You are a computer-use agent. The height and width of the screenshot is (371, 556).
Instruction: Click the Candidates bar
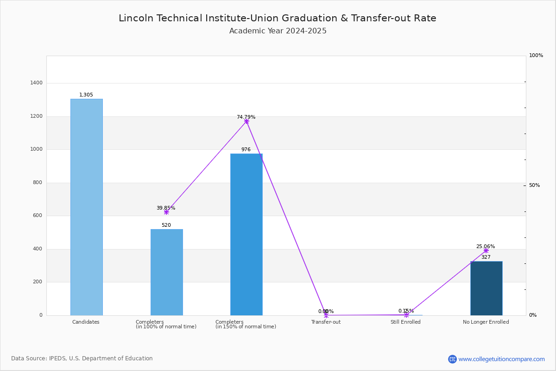(x=87, y=207)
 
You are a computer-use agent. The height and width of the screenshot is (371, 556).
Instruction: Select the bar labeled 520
(x=167, y=272)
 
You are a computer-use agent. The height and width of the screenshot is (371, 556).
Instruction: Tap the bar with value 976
(x=246, y=234)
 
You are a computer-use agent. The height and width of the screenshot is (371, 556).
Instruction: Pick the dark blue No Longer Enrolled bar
(x=486, y=288)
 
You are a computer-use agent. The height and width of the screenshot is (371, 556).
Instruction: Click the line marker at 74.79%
(x=246, y=122)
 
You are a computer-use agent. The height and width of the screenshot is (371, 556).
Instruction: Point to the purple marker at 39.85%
(x=166, y=212)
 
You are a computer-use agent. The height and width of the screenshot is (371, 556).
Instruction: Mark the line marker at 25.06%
(x=486, y=250)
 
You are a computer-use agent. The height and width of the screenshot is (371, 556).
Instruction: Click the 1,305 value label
(x=86, y=95)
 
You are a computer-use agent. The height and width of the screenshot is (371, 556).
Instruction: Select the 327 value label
(x=486, y=257)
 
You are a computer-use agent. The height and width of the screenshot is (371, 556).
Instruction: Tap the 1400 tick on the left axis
(x=37, y=83)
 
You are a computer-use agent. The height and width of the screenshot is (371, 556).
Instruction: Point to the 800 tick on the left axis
(x=37, y=183)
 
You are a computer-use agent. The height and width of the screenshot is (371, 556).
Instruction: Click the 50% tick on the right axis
(x=534, y=185)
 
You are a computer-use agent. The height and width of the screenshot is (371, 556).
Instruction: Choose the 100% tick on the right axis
(x=536, y=56)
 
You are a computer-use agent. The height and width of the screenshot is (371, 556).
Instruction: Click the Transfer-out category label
(x=326, y=322)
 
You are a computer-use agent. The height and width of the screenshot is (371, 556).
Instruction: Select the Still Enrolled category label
(x=405, y=322)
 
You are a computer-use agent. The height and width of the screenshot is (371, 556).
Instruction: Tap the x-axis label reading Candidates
(x=86, y=322)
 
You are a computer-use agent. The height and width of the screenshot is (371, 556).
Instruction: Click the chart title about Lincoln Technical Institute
(x=278, y=19)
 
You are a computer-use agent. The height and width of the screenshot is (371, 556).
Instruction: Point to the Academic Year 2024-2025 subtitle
(x=278, y=31)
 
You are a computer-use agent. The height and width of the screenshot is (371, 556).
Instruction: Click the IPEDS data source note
(x=82, y=358)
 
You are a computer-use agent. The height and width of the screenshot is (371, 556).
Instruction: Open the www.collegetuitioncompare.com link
(x=501, y=359)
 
